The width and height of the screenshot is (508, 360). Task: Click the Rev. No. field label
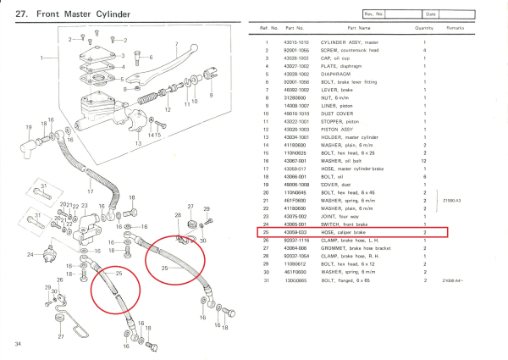(375, 14)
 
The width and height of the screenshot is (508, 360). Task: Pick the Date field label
(431, 14)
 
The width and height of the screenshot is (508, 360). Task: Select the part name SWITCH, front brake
(344, 224)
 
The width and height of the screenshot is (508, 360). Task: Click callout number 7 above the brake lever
(175, 43)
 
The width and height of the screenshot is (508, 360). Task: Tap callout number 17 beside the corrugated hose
(89, 192)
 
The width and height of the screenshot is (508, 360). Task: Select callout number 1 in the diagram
(42, 57)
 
